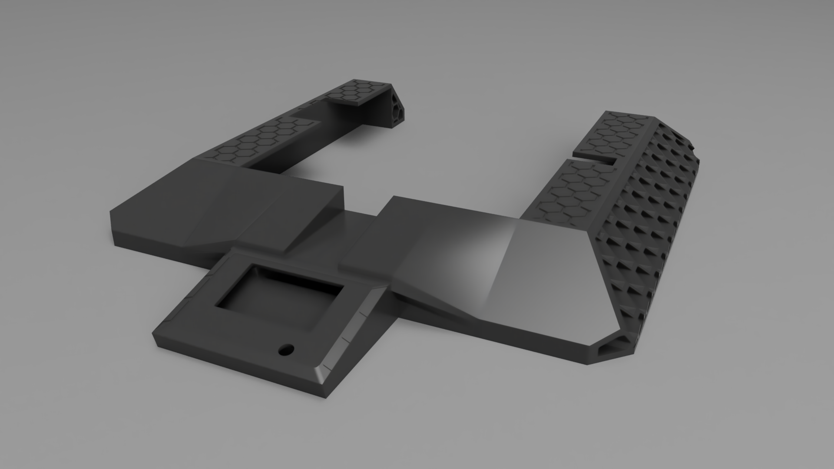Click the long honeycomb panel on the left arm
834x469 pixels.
point(256,139)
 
